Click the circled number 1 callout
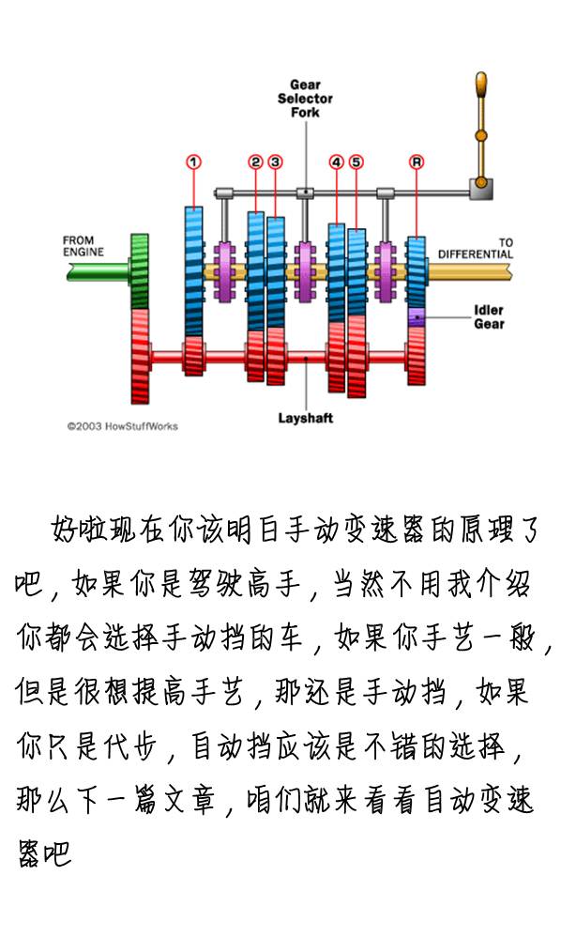pyautogui.click(x=193, y=162)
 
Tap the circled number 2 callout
pyautogui.click(x=255, y=162)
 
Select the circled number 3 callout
pyautogui.click(x=275, y=162)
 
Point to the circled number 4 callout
pyautogui.click(x=336, y=162)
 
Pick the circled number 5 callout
pyautogui.click(x=356, y=162)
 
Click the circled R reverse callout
pyautogui.click(x=417, y=162)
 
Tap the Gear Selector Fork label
pyautogui.click(x=305, y=98)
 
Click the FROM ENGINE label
pyautogui.click(x=83, y=246)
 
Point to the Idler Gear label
pyautogui.click(x=489, y=317)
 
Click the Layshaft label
pyautogui.click(x=305, y=418)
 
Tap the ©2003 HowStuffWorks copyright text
pyautogui.click(x=122, y=425)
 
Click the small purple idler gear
pyautogui.click(x=417, y=317)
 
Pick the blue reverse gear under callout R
pyautogui.click(x=417, y=271)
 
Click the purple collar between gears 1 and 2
pyautogui.click(x=224, y=271)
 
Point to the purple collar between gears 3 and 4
pyautogui.click(x=305, y=271)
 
